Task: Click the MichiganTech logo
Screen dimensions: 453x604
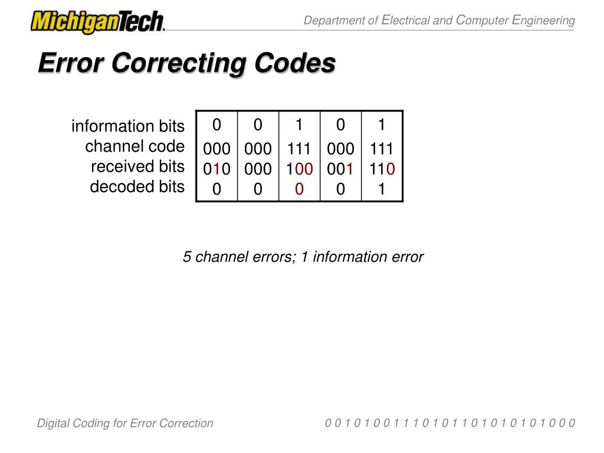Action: (x=98, y=22)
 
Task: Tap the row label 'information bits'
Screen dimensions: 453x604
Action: (x=128, y=126)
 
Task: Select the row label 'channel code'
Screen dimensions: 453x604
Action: (x=134, y=146)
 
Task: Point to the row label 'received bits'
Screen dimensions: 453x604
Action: (x=137, y=166)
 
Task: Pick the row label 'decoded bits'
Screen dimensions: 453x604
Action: (x=137, y=187)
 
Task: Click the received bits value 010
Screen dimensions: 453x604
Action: (x=217, y=169)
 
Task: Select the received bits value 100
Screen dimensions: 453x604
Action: (x=299, y=169)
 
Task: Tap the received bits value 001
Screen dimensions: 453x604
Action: (x=340, y=169)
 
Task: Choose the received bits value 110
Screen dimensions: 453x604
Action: (x=382, y=169)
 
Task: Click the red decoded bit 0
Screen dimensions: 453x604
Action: (x=299, y=189)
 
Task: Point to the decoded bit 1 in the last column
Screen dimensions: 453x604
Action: (x=382, y=189)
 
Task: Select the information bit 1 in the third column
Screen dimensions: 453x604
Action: (x=299, y=125)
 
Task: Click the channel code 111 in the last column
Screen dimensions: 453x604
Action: (x=382, y=148)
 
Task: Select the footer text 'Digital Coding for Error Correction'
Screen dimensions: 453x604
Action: (x=125, y=423)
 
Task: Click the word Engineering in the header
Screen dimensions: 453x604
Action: (x=543, y=21)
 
